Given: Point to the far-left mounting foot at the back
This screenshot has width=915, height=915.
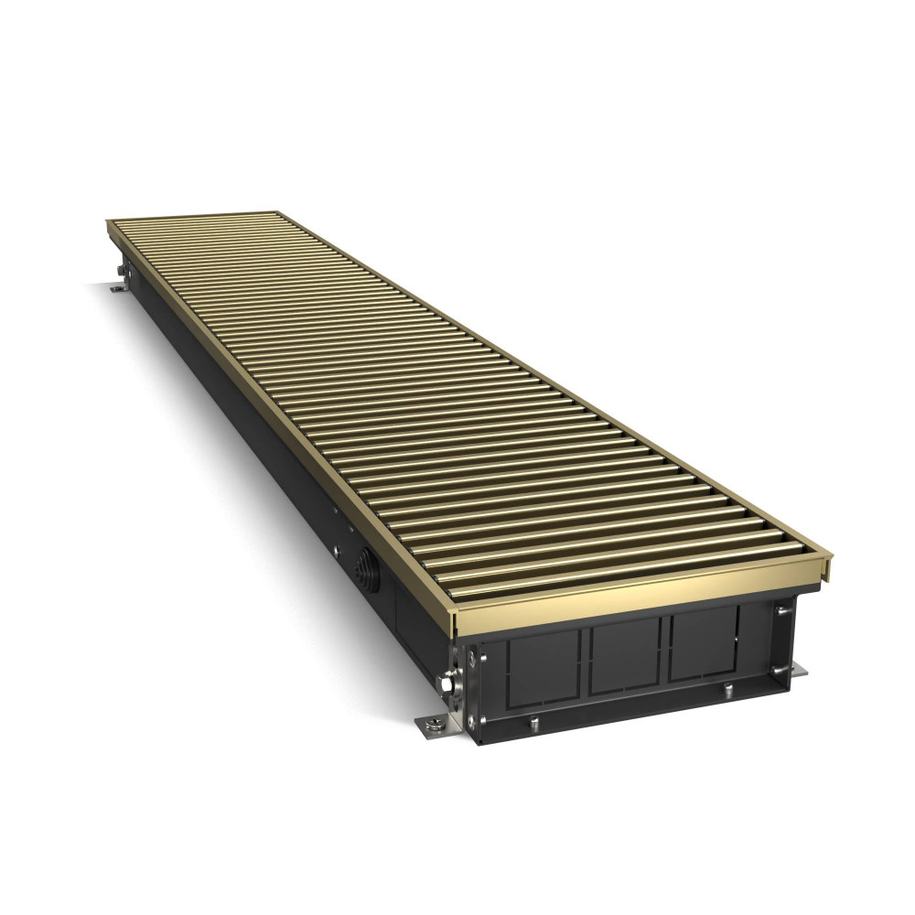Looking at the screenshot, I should click(118, 289).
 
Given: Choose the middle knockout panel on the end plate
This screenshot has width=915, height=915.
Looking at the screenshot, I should click(626, 657).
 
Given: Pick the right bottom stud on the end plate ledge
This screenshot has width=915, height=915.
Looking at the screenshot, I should click(727, 688).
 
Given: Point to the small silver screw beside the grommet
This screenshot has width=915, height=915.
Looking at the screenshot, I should click(337, 553).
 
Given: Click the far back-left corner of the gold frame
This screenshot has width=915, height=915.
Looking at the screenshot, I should click(108, 222).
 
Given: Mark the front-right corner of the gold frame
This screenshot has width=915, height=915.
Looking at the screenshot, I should click(829, 557).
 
